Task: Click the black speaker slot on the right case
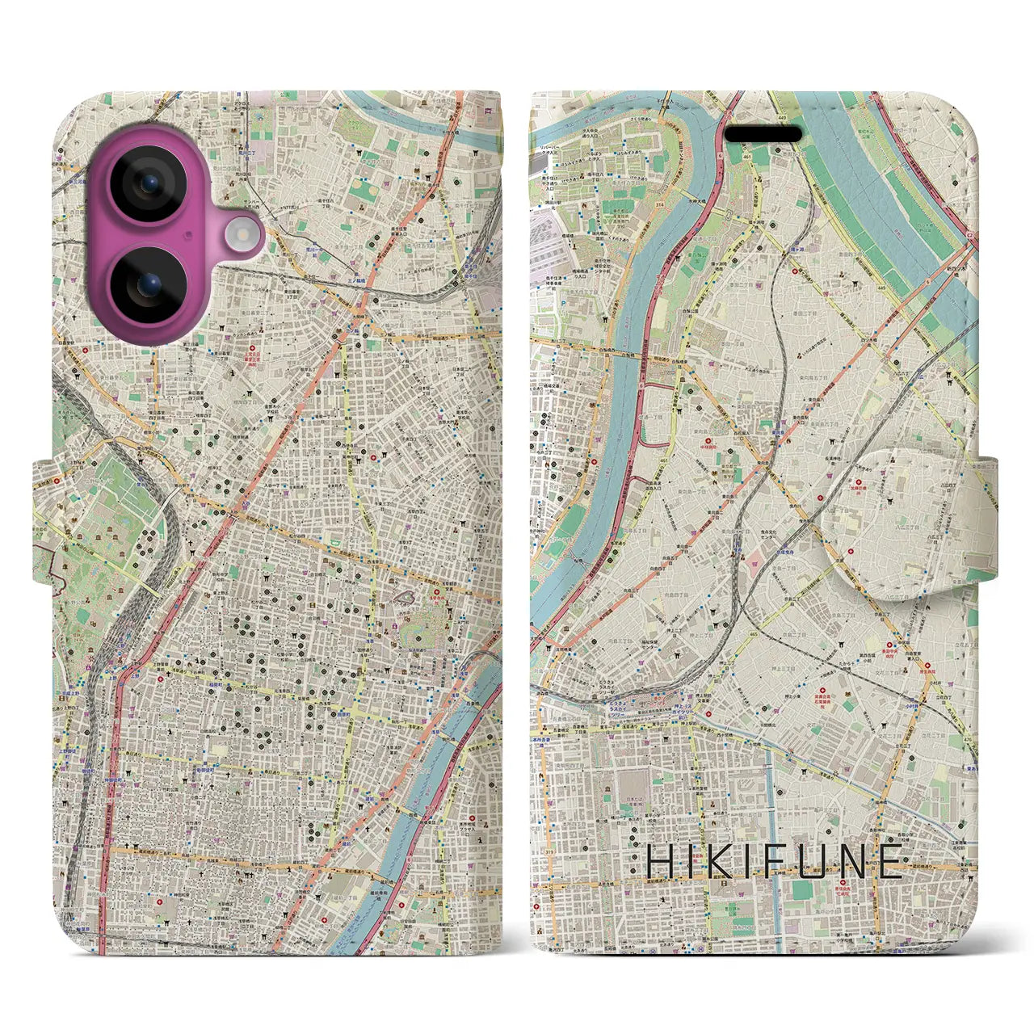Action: point(763,133)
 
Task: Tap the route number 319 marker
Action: point(549,851)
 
